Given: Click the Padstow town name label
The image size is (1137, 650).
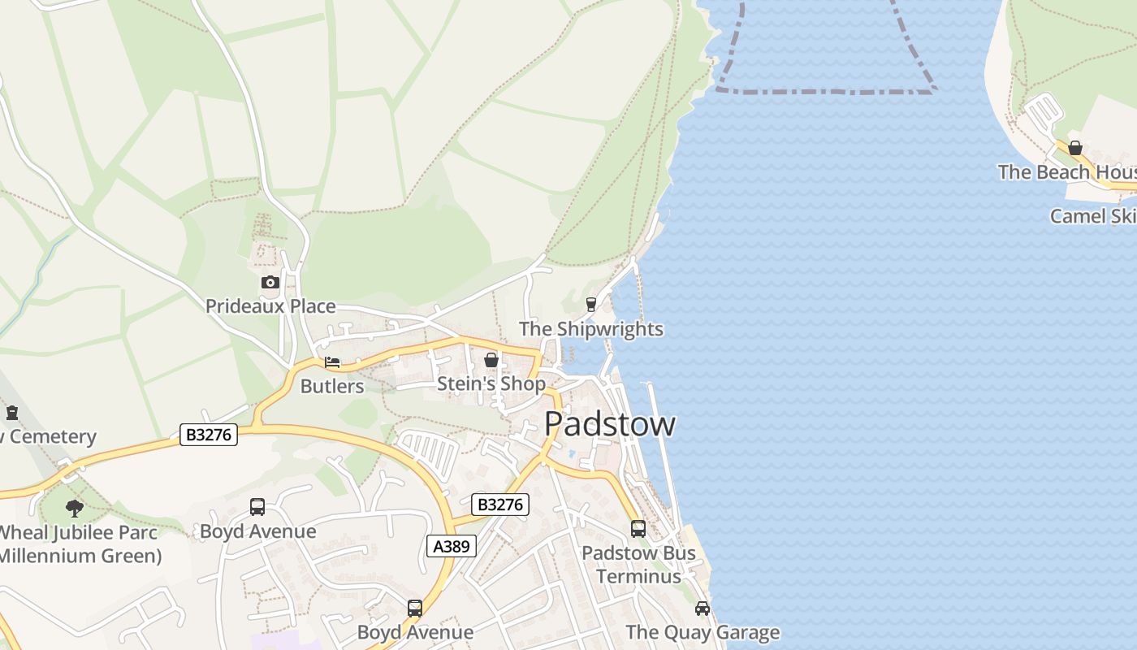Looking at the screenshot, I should pyautogui.click(x=609, y=424).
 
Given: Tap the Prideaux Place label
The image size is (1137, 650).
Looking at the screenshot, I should pyautogui.click(x=270, y=306).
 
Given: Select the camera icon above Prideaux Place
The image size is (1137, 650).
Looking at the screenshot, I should pyautogui.click(x=270, y=283).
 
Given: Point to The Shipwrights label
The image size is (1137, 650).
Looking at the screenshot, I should pyautogui.click(x=591, y=329).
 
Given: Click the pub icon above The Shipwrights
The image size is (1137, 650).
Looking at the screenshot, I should pyautogui.click(x=591, y=305).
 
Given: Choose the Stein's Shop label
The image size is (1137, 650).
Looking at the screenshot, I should pyautogui.click(x=491, y=383).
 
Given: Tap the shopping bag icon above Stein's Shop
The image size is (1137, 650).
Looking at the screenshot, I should pyautogui.click(x=491, y=360).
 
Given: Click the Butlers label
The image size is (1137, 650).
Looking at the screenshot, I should pyautogui.click(x=332, y=386).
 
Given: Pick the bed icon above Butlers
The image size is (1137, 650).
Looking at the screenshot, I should pyautogui.click(x=332, y=362).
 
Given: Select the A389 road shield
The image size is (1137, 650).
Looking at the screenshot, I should pyautogui.click(x=452, y=546).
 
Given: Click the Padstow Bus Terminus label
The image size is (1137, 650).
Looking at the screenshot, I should pyautogui.click(x=638, y=565).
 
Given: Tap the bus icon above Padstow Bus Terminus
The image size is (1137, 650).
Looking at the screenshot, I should pyautogui.click(x=638, y=529).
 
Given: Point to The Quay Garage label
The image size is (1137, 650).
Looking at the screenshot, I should pyautogui.click(x=703, y=632).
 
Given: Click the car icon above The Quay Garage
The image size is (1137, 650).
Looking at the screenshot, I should pyautogui.click(x=703, y=609).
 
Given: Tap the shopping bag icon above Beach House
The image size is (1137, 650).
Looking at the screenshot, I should pyautogui.click(x=1075, y=148).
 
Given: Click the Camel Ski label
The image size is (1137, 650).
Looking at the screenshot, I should pyautogui.click(x=1092, y=216).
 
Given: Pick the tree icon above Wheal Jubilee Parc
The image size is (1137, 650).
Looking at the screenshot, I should pyautogui.click(x=75, y=509).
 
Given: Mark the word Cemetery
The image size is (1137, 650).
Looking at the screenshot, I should pyautogui.click(x=53, y=437).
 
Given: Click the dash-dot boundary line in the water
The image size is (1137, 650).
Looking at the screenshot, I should pyautogui.click(x=824, y=92).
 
